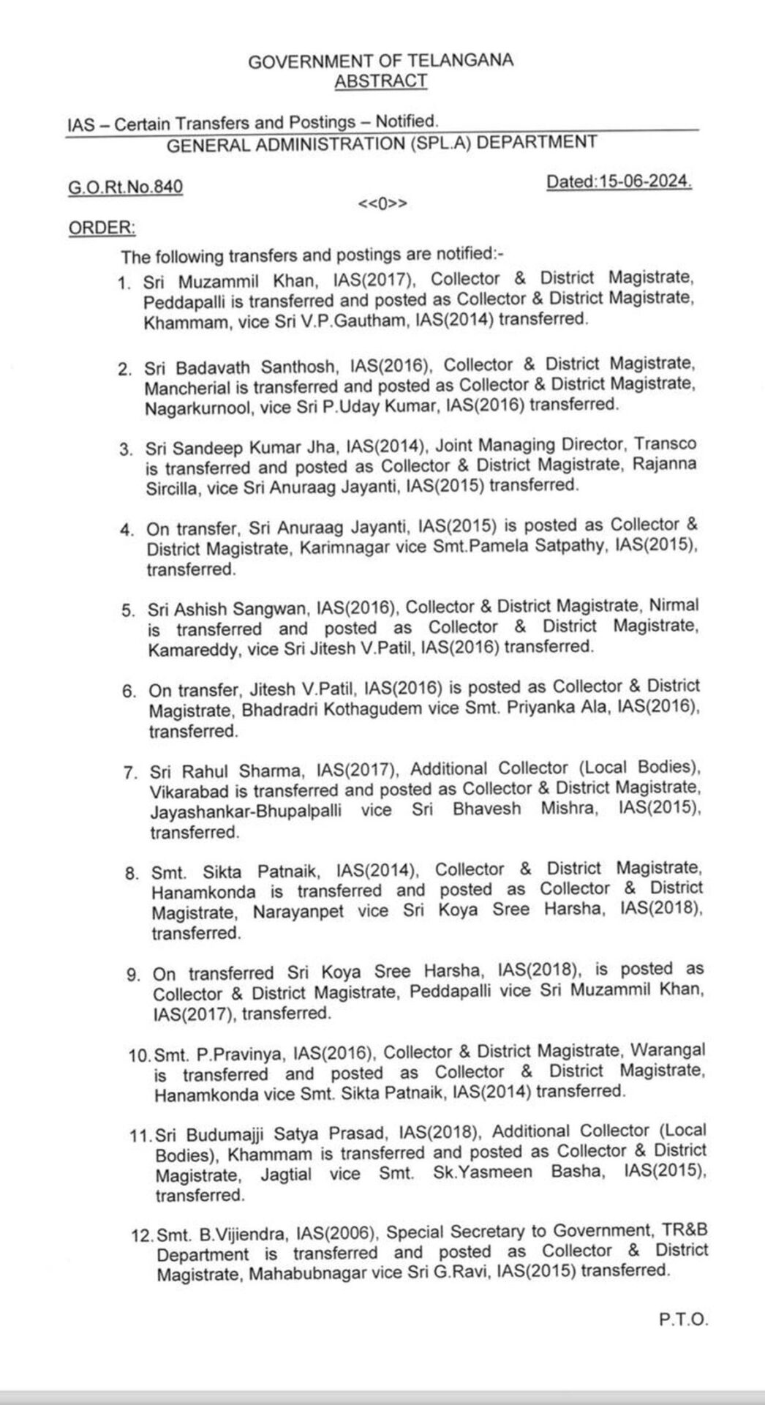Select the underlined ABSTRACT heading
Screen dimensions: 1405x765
[x=380, y=81]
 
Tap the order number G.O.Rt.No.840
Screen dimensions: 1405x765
[x=125, y=187]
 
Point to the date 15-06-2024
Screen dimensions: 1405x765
[x=645, y=181]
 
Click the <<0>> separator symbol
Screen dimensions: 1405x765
[x=382, y=203]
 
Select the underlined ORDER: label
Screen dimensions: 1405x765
[x=102, y=228]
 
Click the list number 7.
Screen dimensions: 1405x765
[x=132, y=773]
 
